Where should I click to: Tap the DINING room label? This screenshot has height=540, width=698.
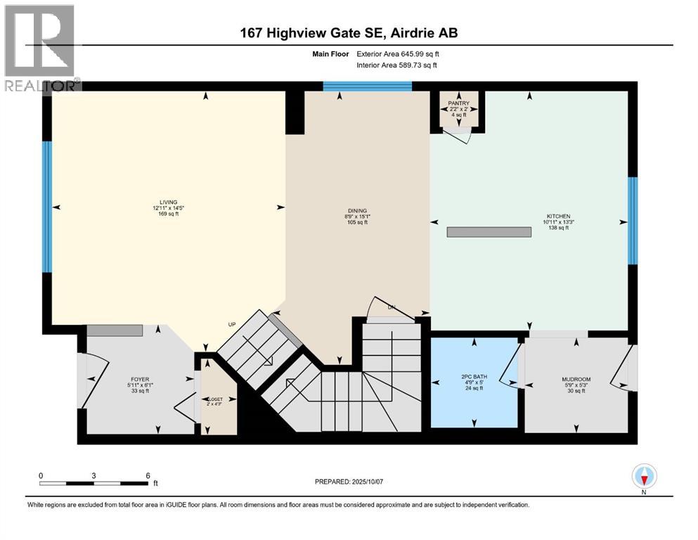(356, 210)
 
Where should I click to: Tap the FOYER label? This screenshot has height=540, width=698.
(138, 378)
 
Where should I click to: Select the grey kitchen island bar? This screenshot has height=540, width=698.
(489, 232)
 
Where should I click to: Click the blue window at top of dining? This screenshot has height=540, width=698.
(367, 86)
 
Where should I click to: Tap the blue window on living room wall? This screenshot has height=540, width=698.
(47, 207)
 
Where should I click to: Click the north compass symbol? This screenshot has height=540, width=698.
(645, 477)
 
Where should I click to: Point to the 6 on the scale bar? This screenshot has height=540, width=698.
(148, 475)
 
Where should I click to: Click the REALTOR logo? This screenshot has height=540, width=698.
(39, 46)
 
